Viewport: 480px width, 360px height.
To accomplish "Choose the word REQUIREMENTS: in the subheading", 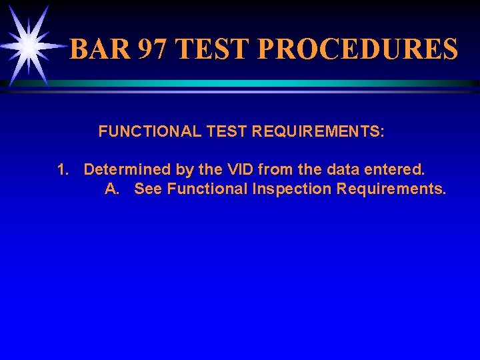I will pyautogui.click(x=317, y=131).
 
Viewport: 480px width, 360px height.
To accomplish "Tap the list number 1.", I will pyautogui.click(x=62, y=169).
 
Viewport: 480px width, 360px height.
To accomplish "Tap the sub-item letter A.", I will pyautogui.click(x=112, y=189).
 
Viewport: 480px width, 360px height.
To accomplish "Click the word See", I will pyautogui.click(x=148, y=189).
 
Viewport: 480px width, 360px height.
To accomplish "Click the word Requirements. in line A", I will pyautogui.click(x=391, y=189).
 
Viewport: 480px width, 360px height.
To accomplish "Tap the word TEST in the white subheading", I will pyautogui.click(x=227, y=131).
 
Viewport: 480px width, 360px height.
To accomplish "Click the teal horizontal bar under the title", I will pyautogui.click(x=267, y=83).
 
